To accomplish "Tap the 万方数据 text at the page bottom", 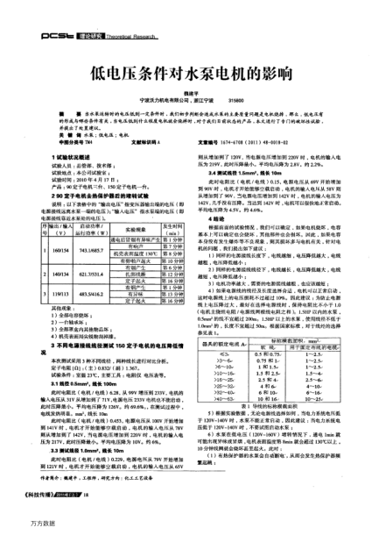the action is tap(20, 528).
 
